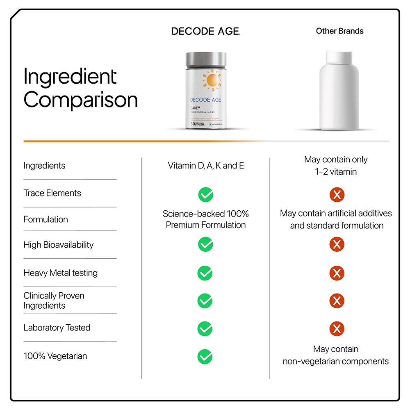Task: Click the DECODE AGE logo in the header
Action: [205, 31]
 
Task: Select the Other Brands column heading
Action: [339, 31]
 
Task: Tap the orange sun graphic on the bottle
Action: [213, 80]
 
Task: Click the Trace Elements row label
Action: [52, 193]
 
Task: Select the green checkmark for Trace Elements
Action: [205, 195]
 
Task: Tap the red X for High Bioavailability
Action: [337, 245]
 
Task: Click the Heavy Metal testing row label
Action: [60, 273]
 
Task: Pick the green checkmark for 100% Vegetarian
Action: [205, 356]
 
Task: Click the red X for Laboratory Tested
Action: [337, 328]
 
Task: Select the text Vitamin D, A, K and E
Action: [206, 166]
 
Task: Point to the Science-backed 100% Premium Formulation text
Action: [206, 219]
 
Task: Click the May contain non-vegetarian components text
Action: [336, 355]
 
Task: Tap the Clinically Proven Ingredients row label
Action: [54, 301]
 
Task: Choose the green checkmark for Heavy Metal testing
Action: [205, 273]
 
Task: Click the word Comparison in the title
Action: [80, 100]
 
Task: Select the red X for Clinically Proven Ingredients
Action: [337, 301]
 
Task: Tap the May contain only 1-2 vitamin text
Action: [336, 166]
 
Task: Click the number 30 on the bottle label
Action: [192, 124]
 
